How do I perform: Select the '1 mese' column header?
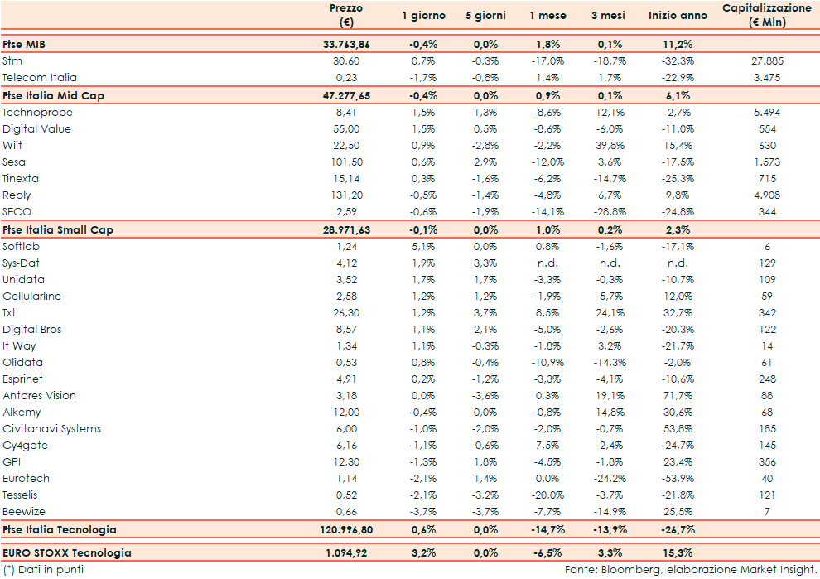pyautogui.click(x=547, y=16)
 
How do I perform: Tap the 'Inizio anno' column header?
pyautogui.click(x=678, y=16)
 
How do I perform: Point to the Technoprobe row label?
pyautogui.click(x=37, y=112)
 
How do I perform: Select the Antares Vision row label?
pyautogui.click(x=39, y=395)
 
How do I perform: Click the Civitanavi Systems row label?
pyautogui.click(x=52, y=428)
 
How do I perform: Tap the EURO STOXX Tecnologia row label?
pyautogui.click(x=67, y=552)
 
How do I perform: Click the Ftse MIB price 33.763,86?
pyautogui.click(x=345, y=44)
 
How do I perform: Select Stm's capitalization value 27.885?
pyautogui.click(x=766, y=60)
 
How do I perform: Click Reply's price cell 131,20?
pyautogui.click(x=345, y=195)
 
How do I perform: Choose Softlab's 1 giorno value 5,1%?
pyautogui.click(x=423, y=246)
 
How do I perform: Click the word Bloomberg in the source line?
pyautogui.click(x=631, y=569)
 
